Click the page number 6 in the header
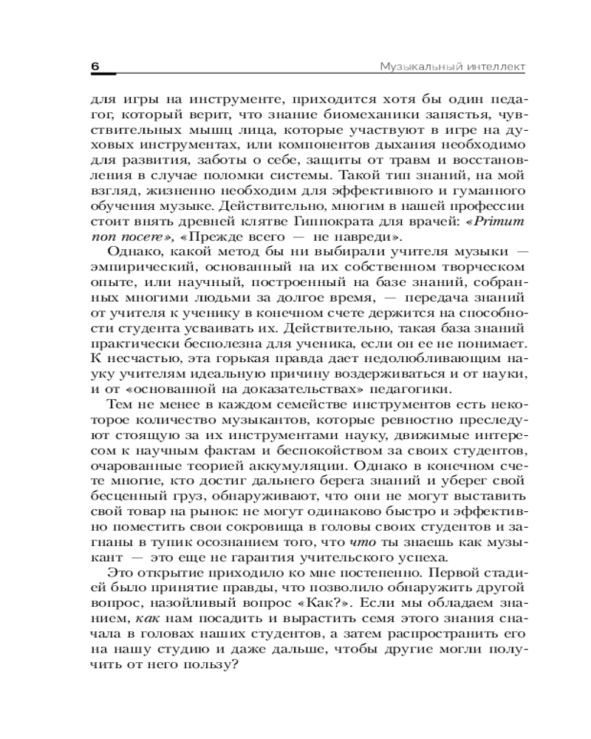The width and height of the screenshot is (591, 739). (95, 67)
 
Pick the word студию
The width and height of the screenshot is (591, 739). (162, 650)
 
